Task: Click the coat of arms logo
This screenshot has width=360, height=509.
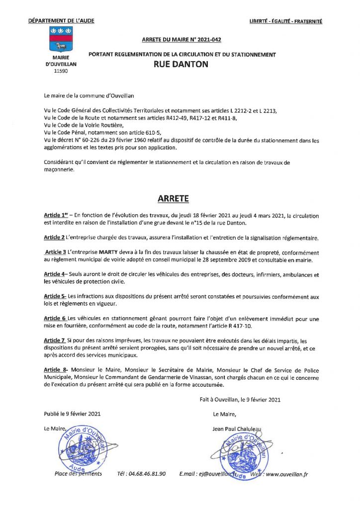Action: coord(60,39)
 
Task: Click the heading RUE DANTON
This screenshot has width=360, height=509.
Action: coord(181,64)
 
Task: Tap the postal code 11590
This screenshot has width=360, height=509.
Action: coord(60,71)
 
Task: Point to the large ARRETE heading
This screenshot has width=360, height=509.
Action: coord(173,199)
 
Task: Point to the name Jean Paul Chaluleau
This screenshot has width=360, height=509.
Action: coord(237,429)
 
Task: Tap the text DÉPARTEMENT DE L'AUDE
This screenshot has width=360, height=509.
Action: coord(61,21)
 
